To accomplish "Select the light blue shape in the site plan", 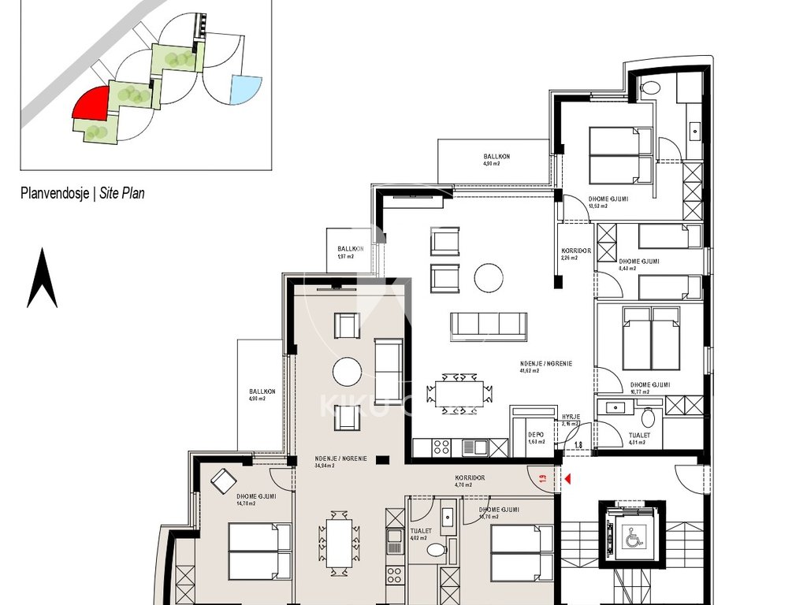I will (x=246, y=90).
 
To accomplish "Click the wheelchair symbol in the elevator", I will (x=634, y=539).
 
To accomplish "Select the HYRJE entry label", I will (x=571, y=417).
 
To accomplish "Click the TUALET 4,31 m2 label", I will (x=638, y=438).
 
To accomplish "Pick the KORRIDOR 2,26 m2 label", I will (x=575, y=254).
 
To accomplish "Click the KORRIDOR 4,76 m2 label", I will (x=469, y=481).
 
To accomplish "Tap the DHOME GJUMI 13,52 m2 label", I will (x=608, y=202).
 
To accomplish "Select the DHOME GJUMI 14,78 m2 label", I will (x=256, y=500).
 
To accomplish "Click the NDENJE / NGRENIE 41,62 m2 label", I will (x=545, y=366).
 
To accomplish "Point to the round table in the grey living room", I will (x=347, y=371).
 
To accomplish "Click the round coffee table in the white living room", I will (x=489, y=277).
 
